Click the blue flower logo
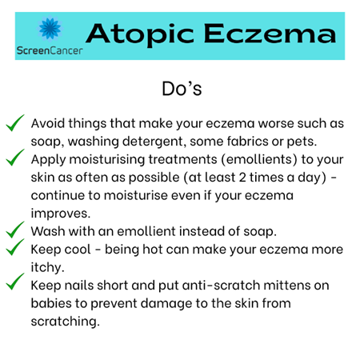[x=50, y=30]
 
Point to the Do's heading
[x=180, y=88]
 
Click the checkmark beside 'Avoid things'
[x=16, y=123]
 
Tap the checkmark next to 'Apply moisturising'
[x=16, y=158]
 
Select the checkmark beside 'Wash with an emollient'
[x=16, y=230]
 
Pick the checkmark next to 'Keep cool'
[x=16, y=248]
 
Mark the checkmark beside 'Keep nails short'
[x=16, y=283]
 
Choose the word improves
[x=58, y=213]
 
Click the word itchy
[x=47, y=266]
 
